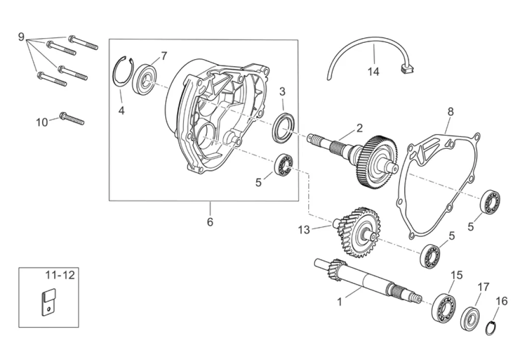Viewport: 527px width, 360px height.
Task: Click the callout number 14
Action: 374,72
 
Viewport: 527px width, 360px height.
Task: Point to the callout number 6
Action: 210,222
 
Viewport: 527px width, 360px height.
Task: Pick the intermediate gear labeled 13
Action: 356,232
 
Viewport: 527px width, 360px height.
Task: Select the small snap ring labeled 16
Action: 493,327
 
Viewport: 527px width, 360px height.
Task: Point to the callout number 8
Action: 450,111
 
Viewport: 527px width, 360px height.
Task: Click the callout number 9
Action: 21,37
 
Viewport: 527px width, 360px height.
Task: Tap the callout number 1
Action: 339,302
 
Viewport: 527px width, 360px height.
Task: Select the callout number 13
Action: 304,230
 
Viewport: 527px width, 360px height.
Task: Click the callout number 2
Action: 359,128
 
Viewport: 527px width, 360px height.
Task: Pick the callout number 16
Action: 502,301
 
